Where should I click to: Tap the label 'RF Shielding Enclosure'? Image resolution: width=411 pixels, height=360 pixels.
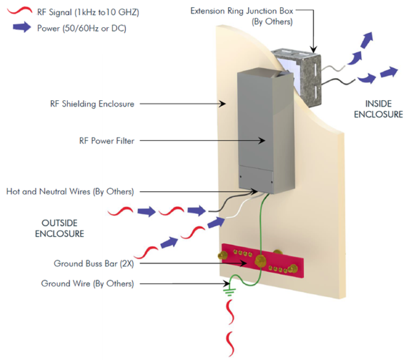pyautogui.click(x=92, y=103)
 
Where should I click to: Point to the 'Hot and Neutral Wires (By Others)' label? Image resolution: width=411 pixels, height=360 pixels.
pyautogui.click(x=70, y=192)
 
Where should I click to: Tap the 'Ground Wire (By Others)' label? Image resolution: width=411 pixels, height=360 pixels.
pyautogui.click(x=88, y=283)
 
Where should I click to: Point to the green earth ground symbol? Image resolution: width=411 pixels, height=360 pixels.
pyautogui.click(x=228, y=292)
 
